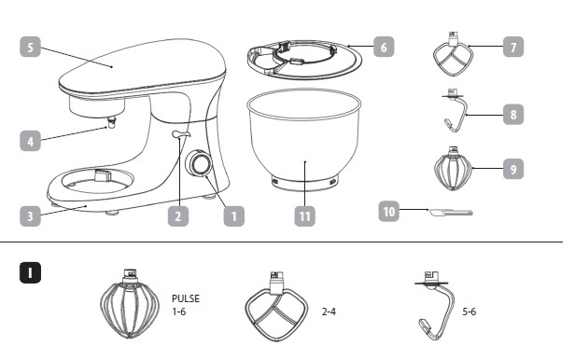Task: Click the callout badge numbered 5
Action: pyautogui.click(x=30, y=47)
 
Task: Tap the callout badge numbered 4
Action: pyautogui.click(x=30, y=141)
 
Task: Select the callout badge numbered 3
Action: pyautogui.click(x=30, y=215)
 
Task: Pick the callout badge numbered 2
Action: pyautogui.click(x=178, y=215)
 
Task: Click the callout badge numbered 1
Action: pyautogui.click(x=234, y=215)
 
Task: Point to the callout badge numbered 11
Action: pyautogui.click(x=304, y=215)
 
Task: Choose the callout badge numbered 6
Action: pyautogui.click(x=384, y=47)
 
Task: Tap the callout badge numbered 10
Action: pyautogui.click(x=388, y=212)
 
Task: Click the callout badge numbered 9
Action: pyautogui.click(x=513, y=169)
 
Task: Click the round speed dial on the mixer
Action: pyautogui.click(x=199, y=163)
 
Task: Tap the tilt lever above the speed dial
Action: pyautogui.click(x=181, y=134)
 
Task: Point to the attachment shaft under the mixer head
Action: pyautogui.click(x=111, y=121)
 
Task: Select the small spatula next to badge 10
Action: pyautogui.click(x=451, y=213)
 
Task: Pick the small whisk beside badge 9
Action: pyautogui.click(x=454, y=169)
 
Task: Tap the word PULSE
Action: pyautogui.click(x=186, y=298)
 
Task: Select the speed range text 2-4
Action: pyautogui.click(x=329, y=312)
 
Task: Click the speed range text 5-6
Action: pyautogui.click(x=469, y=312)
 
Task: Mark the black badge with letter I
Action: pyautogui.click(x=30, y=273)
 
